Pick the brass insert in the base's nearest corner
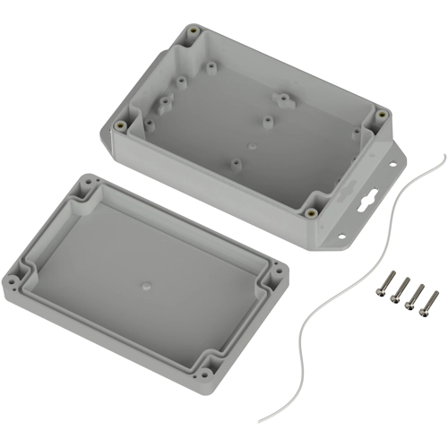tap(310, 213)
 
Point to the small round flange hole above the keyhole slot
tap(391, 166)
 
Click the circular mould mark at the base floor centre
tap(254, 142)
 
